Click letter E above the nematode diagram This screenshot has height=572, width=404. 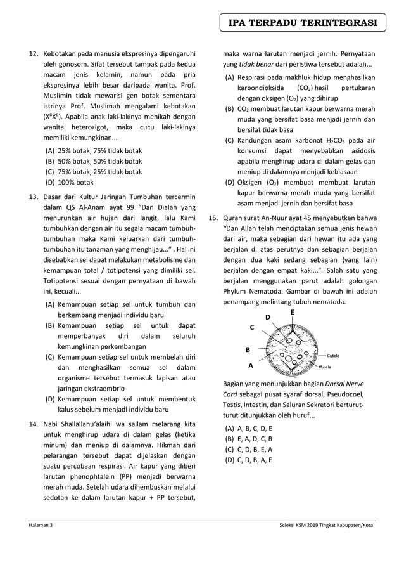(292, 313)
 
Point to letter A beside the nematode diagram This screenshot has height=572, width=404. (251, 366)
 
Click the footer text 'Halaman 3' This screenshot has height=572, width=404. (39, 526)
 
